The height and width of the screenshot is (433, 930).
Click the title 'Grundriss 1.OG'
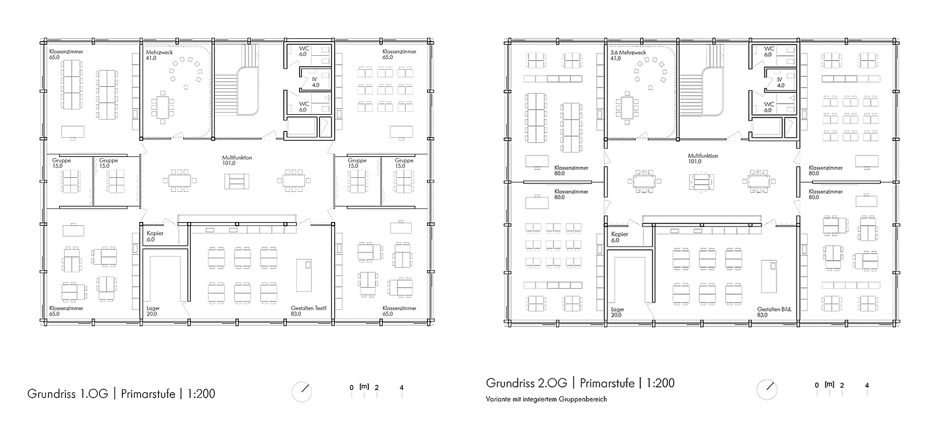pyautogui.click(x=68, y=394)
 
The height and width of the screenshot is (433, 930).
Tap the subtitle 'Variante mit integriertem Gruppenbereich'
pyautogui.click(x=546, y=399)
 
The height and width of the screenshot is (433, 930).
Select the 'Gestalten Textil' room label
pyautogui.click(x=308, y=308)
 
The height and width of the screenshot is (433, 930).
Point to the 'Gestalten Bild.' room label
pyautogui.click(x=775, y=309)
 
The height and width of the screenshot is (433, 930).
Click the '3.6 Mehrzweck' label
pyautogui.click(x=628, y=53)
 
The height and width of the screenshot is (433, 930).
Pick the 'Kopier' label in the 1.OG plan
pyautogui.click(x=155, y=233)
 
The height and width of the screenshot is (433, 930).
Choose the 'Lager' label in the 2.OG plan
pyautogui.click(x=618, y=310)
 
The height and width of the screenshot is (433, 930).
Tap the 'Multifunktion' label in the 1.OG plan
pyautogui.click(x=237, y=157)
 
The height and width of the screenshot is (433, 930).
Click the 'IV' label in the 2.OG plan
pyautogui.click(x=780, y=80)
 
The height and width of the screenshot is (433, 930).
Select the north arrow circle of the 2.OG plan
pyautogui.click(x=767, y=390)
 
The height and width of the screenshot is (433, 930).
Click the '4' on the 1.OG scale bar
pyautogui.click(x=401, y=387)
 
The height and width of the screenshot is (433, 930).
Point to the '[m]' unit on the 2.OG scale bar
pyautogui.click(x=829, y=384)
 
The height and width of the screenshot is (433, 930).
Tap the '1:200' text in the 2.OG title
pyautogui.click(x=660, y=383)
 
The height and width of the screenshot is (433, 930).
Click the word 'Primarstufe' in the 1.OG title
pyautogui.click(x=148, y=394)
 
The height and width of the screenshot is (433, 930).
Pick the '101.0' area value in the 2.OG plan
pyautogui.click(x=695, y=162)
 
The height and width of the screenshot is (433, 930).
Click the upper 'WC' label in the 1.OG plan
pyautogui.click(x=304, y=48)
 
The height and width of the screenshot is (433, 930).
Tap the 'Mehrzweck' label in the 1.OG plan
pyautogui.click(x=159, y=52)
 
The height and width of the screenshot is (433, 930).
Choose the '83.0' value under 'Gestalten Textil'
pyautogui.click(x=296, y=314)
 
